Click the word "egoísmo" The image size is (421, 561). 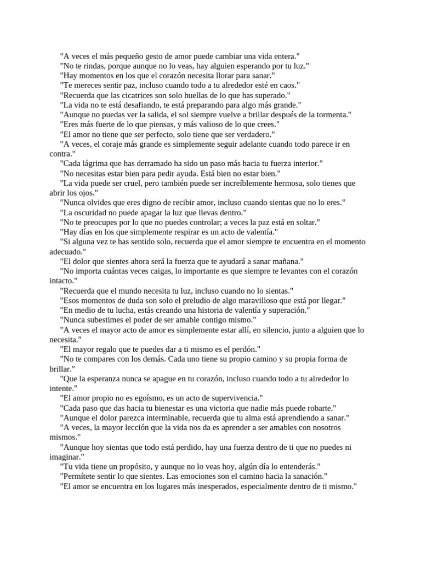[x=155, y=398]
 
